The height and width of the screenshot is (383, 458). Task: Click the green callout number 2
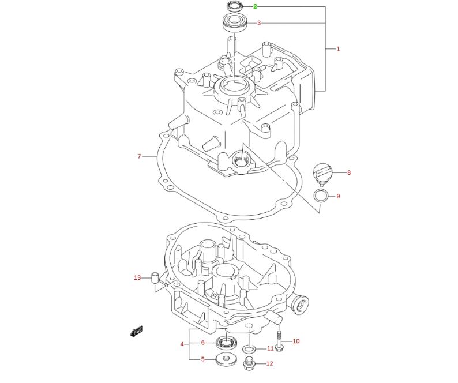[x=255, y=7]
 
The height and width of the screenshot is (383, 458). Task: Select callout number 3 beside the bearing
[x=259, y=23]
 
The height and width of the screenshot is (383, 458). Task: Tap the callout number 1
[x=338, y=49]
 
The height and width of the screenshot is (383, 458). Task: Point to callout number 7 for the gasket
[x=139, y=156]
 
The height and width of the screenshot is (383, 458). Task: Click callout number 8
[x=348, y=172]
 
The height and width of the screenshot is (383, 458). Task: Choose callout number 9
[x=338, y=196]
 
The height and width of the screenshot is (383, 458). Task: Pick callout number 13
[x=137, y=278]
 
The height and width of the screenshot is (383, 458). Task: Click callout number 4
[x=182, y=344]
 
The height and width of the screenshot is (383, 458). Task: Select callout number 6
[x=202, y=343]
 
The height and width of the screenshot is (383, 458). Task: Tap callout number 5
[x=202, y=359]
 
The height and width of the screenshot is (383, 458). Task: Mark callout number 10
[x=296, y=341]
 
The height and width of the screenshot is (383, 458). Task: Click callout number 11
[x=270, y=348]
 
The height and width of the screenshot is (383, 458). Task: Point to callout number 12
[x=269, y=364]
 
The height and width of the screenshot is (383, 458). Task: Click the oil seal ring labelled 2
[x=233, y=7]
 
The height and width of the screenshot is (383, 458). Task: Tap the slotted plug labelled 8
[x=323, y=172]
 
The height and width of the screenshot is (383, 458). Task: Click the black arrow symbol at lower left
[x=137, y=331]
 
